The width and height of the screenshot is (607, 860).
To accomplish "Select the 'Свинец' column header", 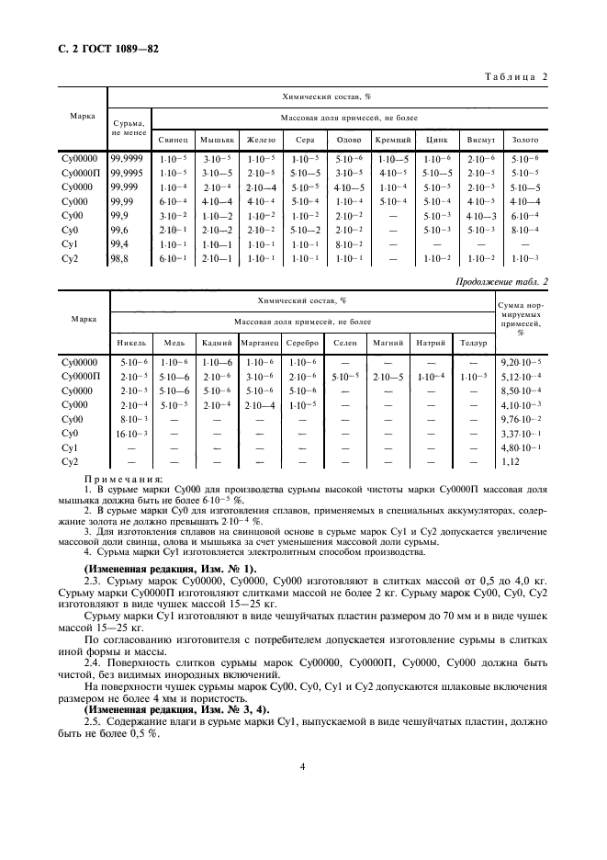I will click(173, 141).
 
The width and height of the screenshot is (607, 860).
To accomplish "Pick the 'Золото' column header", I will click(524, 141).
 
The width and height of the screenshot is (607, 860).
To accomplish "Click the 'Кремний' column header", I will click(392, 141).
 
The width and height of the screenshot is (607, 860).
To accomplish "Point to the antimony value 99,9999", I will click(128, 158).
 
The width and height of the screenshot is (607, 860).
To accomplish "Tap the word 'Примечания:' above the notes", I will click(123, 479).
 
